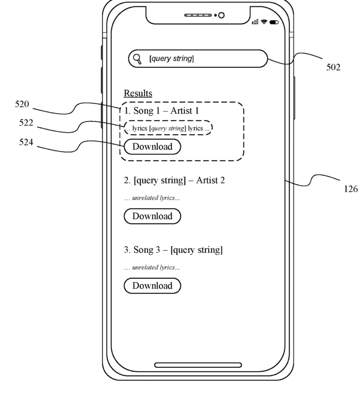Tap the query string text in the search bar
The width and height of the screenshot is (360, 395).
[171, 59]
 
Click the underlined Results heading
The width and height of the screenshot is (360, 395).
[138, 93]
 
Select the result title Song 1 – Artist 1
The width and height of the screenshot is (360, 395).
[161, 111]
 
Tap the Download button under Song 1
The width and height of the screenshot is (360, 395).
[152, 147]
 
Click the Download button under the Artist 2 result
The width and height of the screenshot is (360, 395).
[152, 216]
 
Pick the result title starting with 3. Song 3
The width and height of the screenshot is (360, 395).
[173, 250]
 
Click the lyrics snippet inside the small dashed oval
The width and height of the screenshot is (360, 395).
[168, 128]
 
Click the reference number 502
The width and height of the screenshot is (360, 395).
[332, 67]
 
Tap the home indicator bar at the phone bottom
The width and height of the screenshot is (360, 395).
[198, 365]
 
